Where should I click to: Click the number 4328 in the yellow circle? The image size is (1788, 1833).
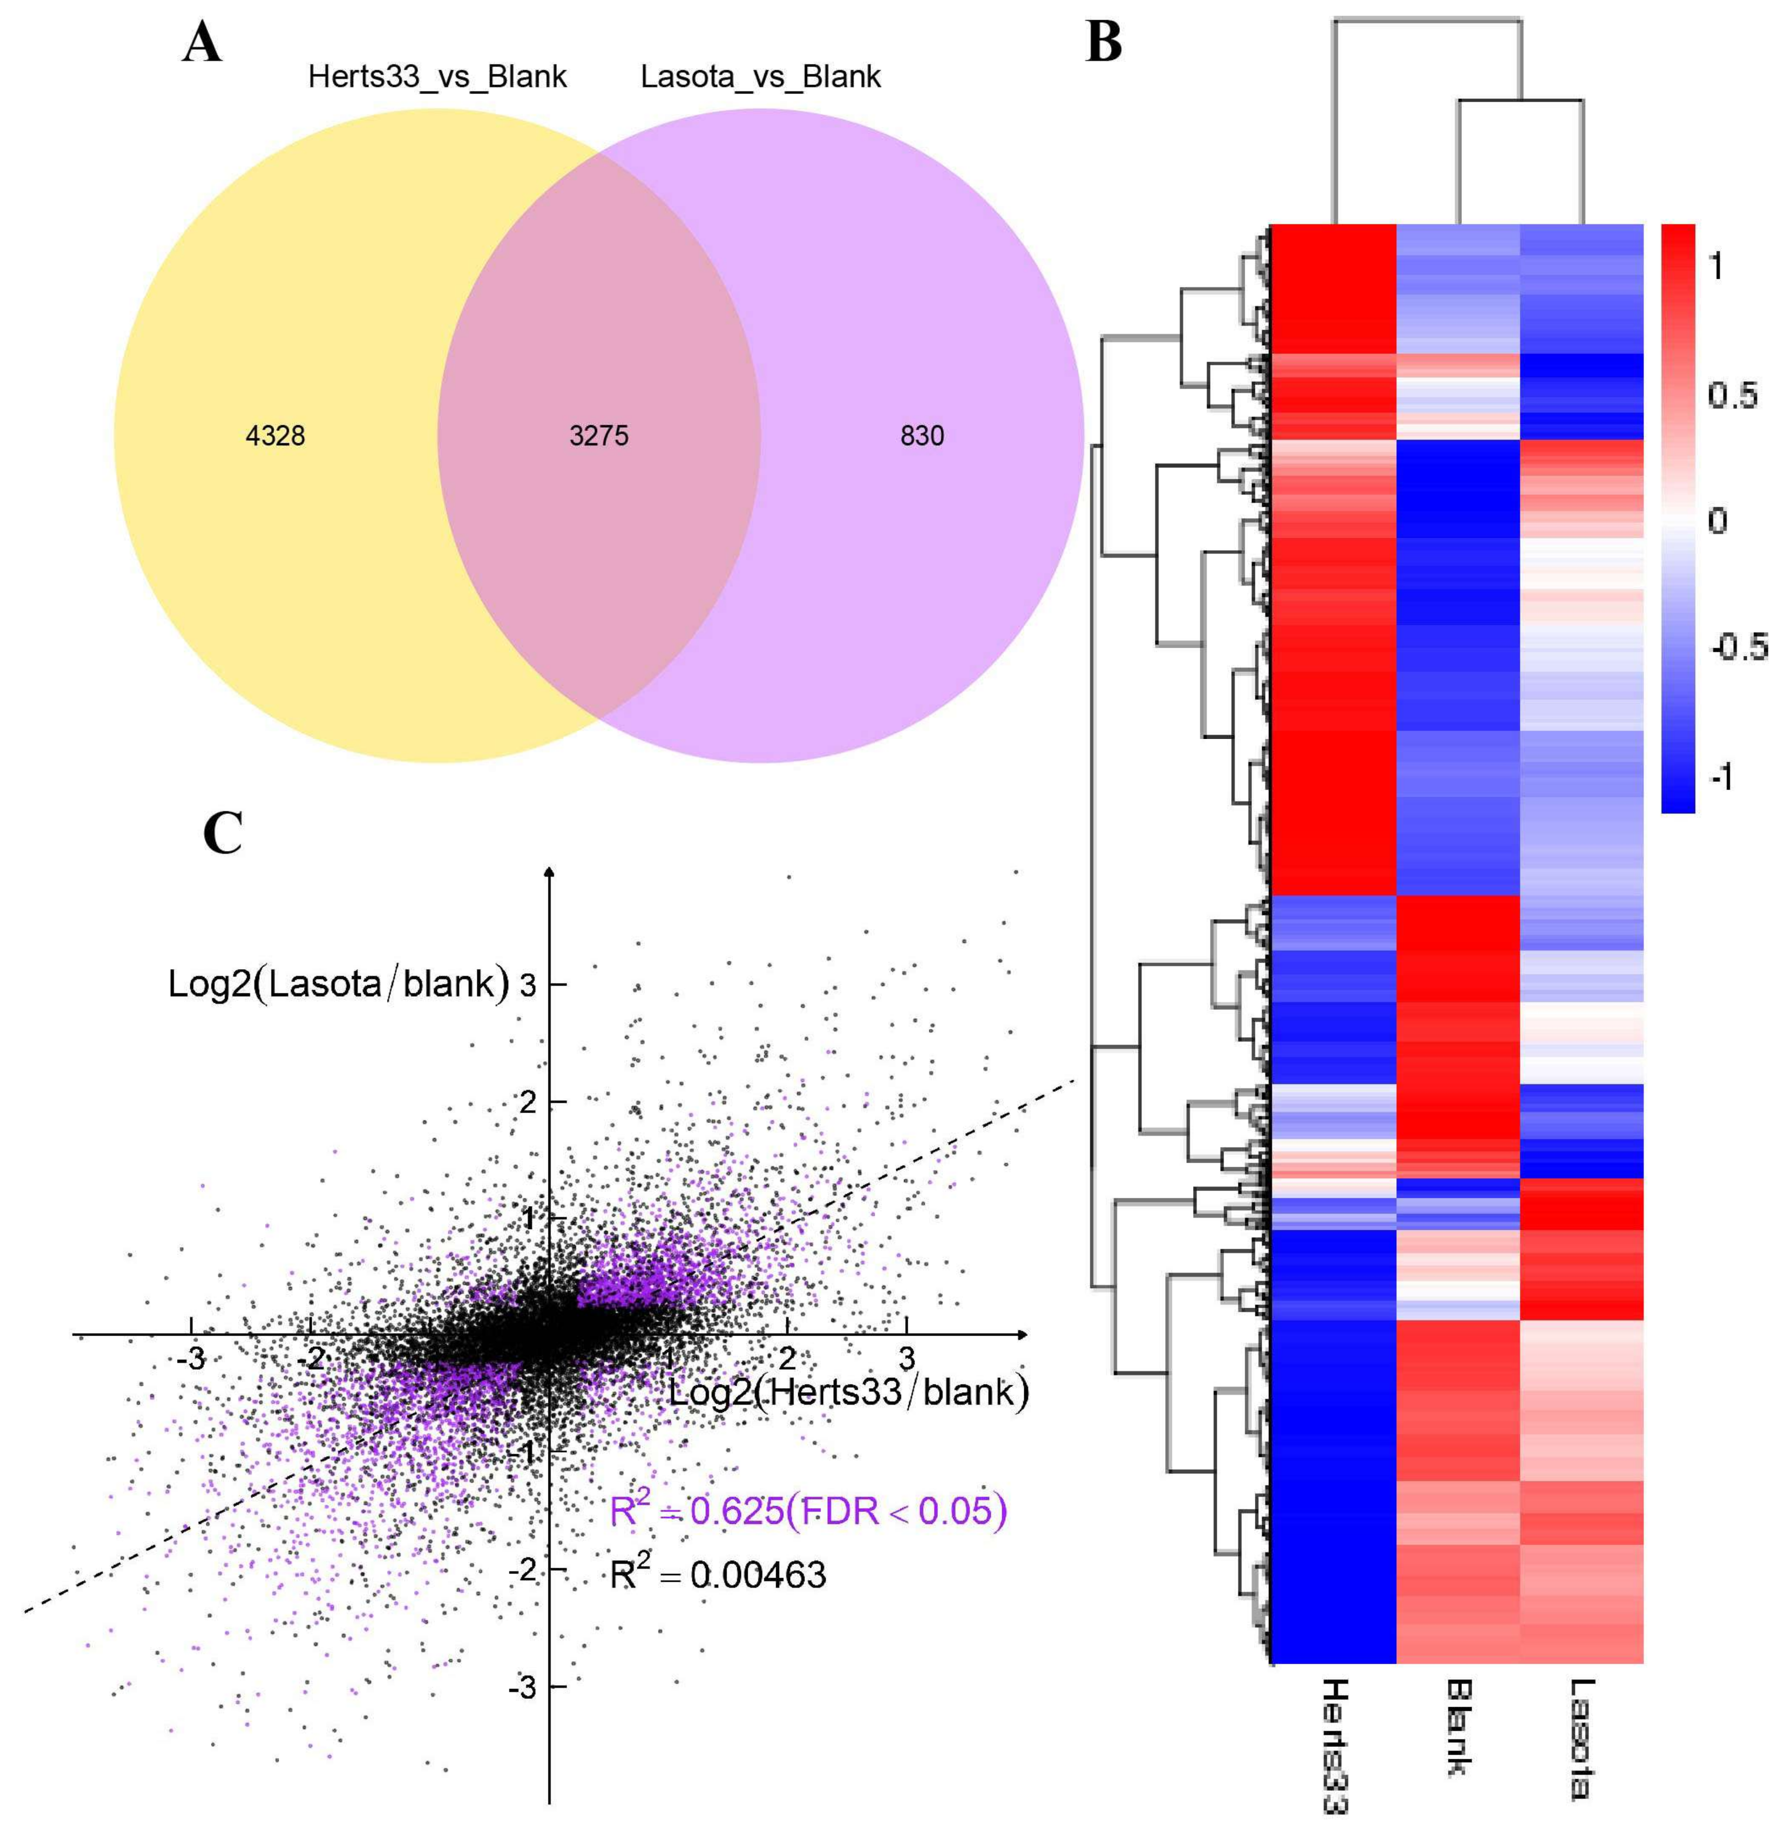[x=275, y=436]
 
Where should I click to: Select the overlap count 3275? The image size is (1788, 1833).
[x=599, y=436]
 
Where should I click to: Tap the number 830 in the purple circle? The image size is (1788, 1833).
[x=922, y=436]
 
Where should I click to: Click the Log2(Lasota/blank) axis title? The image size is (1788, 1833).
[x=338, y=984]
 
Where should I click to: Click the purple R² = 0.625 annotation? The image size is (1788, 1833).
[x=808, y=1512]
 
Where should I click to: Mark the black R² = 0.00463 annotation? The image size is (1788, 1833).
[x=718, y=1575]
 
